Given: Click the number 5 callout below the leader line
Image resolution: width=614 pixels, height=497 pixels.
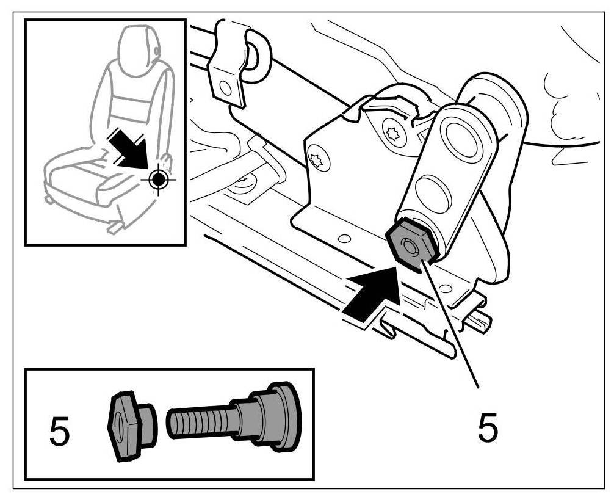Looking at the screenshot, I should click(487, 427).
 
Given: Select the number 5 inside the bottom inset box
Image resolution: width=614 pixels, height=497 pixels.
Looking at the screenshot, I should click(59, 432).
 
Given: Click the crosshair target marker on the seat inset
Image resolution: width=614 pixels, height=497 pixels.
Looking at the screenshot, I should click(158, 179).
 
